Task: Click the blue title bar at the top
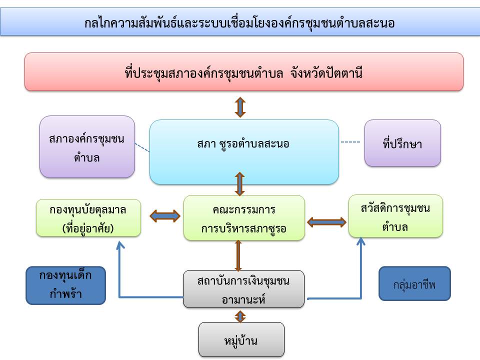(x=240, y=23)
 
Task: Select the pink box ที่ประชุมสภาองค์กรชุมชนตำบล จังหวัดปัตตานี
(x=244, y=72)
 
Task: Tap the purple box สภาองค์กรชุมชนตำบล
(x=87, y=147)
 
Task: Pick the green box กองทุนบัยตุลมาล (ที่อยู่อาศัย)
(x=88, y=218)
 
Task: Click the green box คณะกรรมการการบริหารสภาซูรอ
(x=244, y=218)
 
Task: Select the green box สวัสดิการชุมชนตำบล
(x=395, y=216)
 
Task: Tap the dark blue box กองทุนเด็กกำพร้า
(x=66, y=285)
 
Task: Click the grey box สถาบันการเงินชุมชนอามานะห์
(x=243, y=289)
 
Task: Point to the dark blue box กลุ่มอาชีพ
(x=414, y=283)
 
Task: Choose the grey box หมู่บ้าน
(x=241, y=339)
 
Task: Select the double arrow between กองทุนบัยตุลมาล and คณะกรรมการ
(x=164, y=216)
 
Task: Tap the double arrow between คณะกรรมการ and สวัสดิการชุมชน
(x=326, y=221)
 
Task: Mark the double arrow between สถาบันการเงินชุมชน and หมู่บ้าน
(x=240, y=316)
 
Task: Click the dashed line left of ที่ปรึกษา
(x=350, y=142)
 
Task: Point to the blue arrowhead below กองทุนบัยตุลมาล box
(x=119, y=244)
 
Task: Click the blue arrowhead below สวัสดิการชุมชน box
(x=360, y=241)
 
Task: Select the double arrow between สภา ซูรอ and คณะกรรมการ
(x=240, y=184)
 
